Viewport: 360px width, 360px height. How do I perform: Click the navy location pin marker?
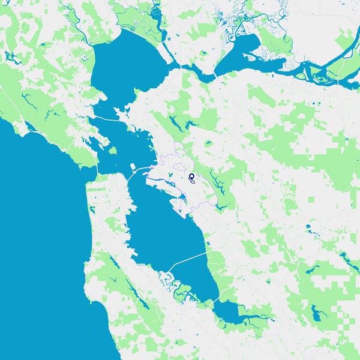[191, 176]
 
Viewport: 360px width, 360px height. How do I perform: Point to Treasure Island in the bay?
[132, 165]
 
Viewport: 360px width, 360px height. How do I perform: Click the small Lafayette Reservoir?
[209, 144]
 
